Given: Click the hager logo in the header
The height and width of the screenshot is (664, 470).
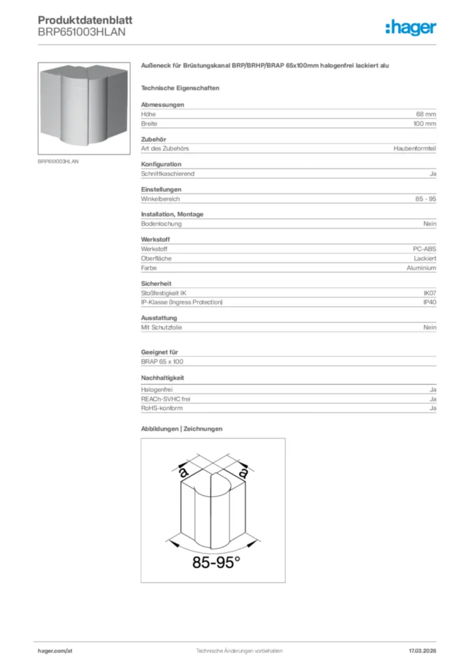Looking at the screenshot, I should (410, 27).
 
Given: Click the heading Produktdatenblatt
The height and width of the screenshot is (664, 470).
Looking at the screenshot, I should (80, 20).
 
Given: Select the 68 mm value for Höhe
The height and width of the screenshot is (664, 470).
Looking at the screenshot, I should (426, 114).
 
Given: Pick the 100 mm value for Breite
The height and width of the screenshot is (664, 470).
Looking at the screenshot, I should (425, 123).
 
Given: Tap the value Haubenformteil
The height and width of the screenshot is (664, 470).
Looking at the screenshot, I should (415, 148).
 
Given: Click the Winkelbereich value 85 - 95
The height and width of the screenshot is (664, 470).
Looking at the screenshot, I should (426, 199).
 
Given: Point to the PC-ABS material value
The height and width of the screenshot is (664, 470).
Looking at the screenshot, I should (424, 249).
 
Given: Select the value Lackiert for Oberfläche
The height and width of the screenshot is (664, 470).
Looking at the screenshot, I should (425, 259).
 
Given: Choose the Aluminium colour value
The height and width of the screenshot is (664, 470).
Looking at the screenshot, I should (421, 268).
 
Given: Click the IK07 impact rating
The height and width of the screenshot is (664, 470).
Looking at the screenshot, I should (430, 293).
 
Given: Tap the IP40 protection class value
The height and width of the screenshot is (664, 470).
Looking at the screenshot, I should (430, 302).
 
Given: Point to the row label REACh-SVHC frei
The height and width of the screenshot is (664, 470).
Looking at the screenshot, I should (166, 399).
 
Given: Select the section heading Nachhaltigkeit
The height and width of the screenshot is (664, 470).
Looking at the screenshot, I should (163, 377).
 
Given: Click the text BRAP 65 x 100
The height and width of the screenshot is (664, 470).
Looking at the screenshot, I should (162, 361).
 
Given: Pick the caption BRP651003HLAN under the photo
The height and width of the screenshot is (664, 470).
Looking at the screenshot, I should (58, 161).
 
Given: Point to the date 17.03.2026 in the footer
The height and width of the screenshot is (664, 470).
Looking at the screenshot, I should (422, 650).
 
